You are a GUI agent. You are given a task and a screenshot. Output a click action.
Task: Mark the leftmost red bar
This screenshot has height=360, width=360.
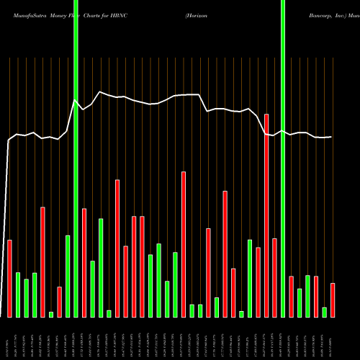point(9,278)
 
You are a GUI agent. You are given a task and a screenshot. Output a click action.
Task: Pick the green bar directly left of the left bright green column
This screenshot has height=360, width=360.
point(68,276)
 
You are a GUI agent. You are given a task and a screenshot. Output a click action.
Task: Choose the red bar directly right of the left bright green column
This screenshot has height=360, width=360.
point(84,262)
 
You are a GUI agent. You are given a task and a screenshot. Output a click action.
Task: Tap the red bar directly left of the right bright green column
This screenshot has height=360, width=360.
point(274,277)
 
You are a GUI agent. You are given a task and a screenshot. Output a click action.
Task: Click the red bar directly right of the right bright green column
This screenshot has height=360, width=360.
point(292,296)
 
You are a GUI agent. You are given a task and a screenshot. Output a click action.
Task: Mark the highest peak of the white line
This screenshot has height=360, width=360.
point(101,92)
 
